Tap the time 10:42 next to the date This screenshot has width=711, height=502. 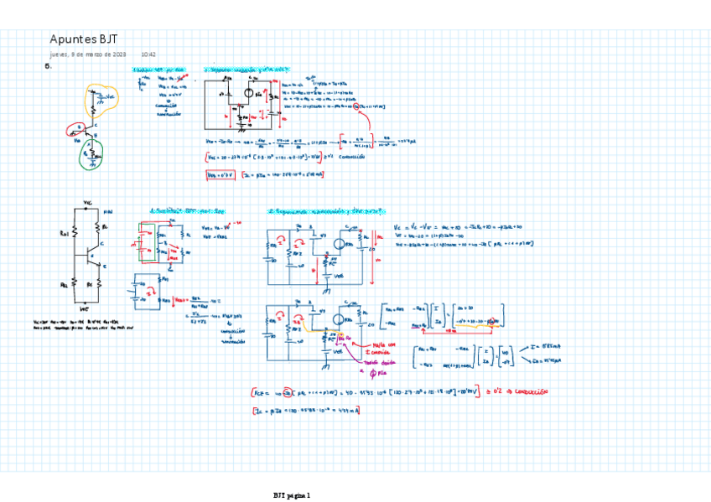148,54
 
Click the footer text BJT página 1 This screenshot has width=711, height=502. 292,496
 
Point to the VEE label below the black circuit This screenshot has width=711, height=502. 86,309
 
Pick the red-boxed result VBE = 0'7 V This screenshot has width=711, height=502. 220,174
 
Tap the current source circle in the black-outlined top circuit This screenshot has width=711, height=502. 249,94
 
